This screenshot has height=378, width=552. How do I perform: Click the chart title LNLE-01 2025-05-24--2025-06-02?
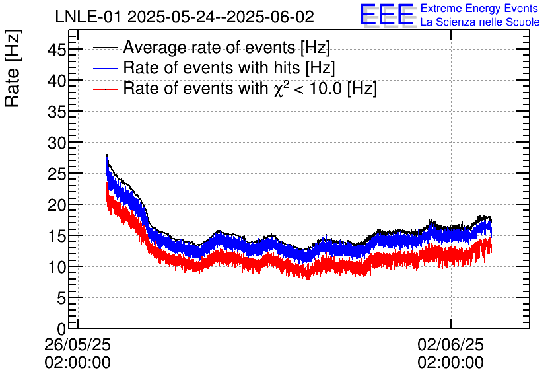[x=184, y=17]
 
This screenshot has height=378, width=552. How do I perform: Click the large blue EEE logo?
[x=388, y=15]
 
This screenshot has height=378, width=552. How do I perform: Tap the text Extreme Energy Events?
[x=479, y=8]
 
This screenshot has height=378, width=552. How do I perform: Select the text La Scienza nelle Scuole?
[x=479, y=22]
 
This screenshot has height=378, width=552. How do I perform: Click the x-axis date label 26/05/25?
[x=78, y=345]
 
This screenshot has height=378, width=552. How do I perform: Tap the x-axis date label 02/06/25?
[x=451, y=345]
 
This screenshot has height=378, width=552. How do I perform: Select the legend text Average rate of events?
[x=226, y=48]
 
